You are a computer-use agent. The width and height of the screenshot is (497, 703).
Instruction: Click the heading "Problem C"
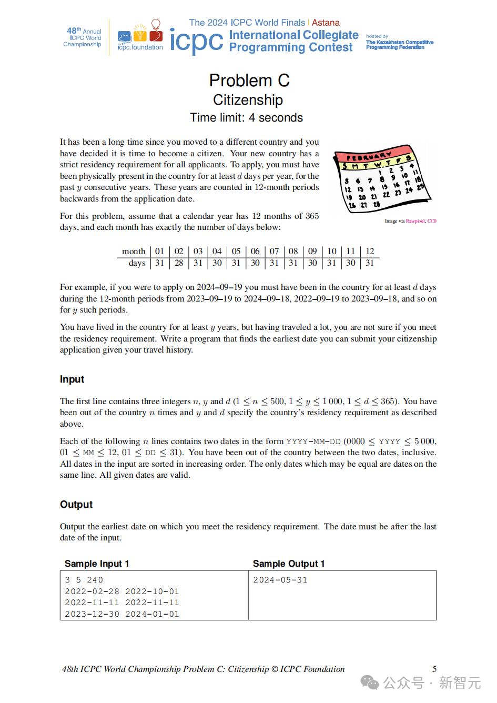coord(249,81)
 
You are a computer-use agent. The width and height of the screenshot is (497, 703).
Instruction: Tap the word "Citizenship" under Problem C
coord(248,100)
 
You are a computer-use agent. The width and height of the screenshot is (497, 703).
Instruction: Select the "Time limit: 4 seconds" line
coord(246,117)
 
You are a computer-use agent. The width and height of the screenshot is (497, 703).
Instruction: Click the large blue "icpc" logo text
coord(196,41)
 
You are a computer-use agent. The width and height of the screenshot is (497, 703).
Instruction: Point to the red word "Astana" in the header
coord(326,23)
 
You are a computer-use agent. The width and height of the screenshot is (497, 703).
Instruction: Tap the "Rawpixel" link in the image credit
coord(415,221)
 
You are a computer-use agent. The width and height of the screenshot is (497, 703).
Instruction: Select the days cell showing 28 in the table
coord(179,263)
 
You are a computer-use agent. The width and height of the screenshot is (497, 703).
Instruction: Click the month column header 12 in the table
coord(370,251)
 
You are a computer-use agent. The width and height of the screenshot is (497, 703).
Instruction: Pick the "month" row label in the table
coord(134,251)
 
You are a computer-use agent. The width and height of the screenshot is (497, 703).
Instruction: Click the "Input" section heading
coord(72,379)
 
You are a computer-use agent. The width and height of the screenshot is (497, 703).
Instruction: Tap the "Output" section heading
coord(76,505)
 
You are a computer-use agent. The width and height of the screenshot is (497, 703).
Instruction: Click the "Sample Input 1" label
coord(97,564)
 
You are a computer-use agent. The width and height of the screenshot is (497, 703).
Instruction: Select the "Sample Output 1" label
coord(289,564)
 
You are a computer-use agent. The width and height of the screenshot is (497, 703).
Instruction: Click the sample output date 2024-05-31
coord(280,580)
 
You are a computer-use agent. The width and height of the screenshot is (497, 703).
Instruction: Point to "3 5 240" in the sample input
coord(84,580)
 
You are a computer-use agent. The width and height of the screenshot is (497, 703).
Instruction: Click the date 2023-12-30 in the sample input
coord(92,614)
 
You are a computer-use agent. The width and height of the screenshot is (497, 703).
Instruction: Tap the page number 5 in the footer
coord(434,669)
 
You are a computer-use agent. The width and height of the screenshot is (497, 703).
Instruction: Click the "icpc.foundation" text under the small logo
coord(140,47)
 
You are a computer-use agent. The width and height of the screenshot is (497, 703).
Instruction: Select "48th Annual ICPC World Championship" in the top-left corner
coord(83,37)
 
